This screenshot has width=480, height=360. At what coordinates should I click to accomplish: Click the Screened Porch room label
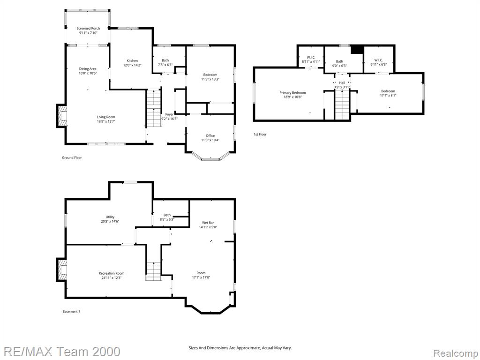pyautogui.click(x=88, y=29)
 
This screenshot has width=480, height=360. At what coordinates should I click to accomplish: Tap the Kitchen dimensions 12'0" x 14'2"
pyautogui.click(x=132, y=65)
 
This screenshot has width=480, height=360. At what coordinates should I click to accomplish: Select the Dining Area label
pyautogui.click(x=88, y=69)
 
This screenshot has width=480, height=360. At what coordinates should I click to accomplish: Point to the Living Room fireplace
pyautogui.click(x=61, y=116)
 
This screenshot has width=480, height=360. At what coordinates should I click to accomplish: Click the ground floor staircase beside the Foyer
pyautogui.click(x=154, y=108)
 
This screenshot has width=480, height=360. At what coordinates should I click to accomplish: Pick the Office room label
pyautogui.click(x=210, y=135)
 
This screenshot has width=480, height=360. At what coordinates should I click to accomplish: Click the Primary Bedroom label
pyautogui.click(x=292, y=93)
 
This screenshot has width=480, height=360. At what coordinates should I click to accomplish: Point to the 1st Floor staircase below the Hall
pyautogui.click(x=342, y=105)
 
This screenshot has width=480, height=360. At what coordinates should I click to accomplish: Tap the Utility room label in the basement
pyautogui.click(x=110, y=217)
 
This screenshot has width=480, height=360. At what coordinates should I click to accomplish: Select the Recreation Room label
pyautogui.click(x=112, y=273)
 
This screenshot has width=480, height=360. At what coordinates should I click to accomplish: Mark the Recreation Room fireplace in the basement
pyautogui.click(x=61, y=270)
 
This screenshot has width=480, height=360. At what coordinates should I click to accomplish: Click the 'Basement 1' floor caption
pyautogui.click(x=71, y=312)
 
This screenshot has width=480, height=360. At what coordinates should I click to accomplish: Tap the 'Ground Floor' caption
pyautogui.click(x=72, y=157)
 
